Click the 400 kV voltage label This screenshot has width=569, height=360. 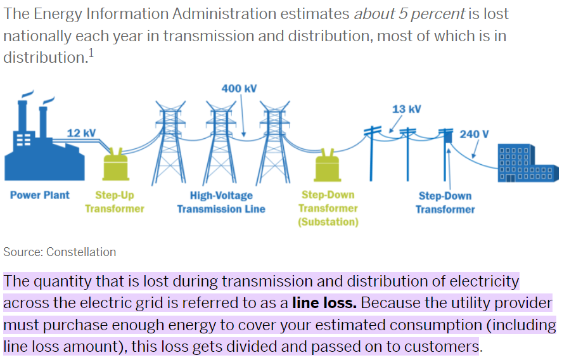pos(239,88)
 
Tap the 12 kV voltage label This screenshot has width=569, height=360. pos(81,132)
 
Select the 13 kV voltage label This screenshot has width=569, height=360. pos(406,109)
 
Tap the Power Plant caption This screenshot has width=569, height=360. pos(40,195)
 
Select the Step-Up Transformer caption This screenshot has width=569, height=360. pos(115,202)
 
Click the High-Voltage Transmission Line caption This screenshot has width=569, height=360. pos(221,202)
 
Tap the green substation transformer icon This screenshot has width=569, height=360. pos(328,166)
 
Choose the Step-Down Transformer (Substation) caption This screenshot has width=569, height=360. pos(328,208)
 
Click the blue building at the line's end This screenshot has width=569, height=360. pos(528,164)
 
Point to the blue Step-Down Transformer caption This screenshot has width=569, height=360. pos(445,202)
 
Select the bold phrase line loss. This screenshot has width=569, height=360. pos(324,303)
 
